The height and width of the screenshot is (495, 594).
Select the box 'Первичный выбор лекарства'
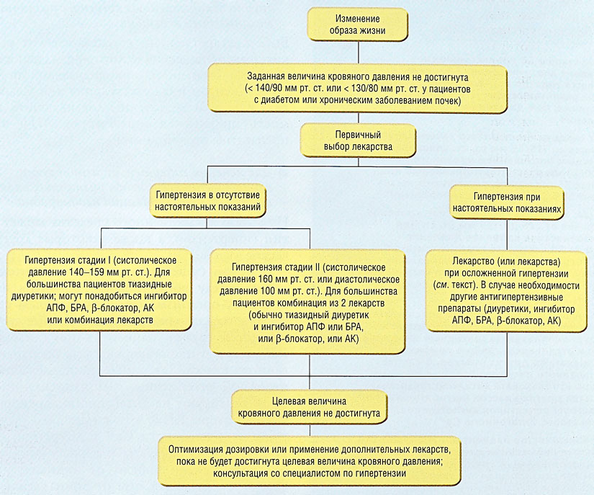358,141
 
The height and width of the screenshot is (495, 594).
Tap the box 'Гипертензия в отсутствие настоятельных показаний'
207,201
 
